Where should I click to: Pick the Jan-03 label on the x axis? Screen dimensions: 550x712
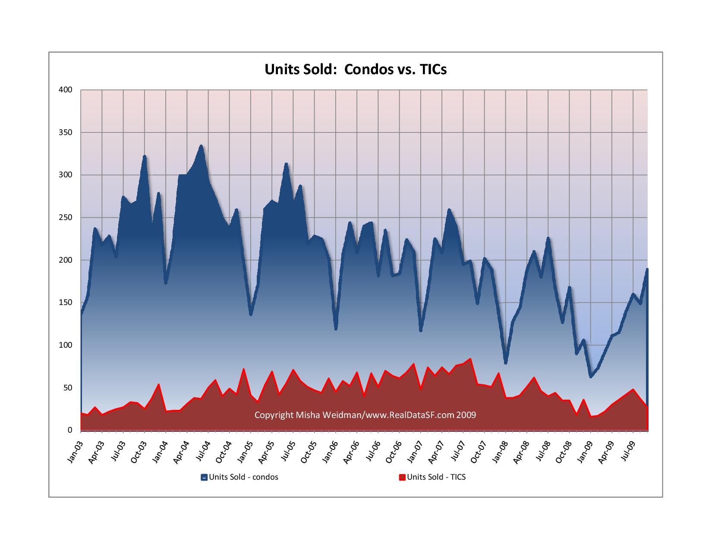pyautogui.click(x=76, y=451)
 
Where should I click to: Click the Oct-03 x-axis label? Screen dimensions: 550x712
pyautogui.click(x=140, y=451)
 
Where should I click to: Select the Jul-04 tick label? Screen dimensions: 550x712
pyautogui.click(x=204, y=451)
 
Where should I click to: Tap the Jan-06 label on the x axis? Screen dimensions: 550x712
pyautogui.click(x=331, y=451)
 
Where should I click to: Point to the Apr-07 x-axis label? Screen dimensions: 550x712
pyautogui.click(x=438, y=451)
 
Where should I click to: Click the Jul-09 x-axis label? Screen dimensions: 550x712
pyautogui.click(x=629, y=451)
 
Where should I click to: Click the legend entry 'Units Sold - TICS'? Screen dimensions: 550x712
pyautogui.click(x=436, y=477)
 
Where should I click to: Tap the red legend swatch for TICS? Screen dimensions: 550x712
pyautogui.click(x=402, y=477)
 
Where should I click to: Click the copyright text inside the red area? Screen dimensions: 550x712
pyautogui.click(x=365, y=415)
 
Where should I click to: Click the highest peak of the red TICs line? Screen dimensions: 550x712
pyautogui.click(x=470, y=358)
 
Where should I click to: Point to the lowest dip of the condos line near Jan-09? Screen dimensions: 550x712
pyautogui.click(x=591, y=377)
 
